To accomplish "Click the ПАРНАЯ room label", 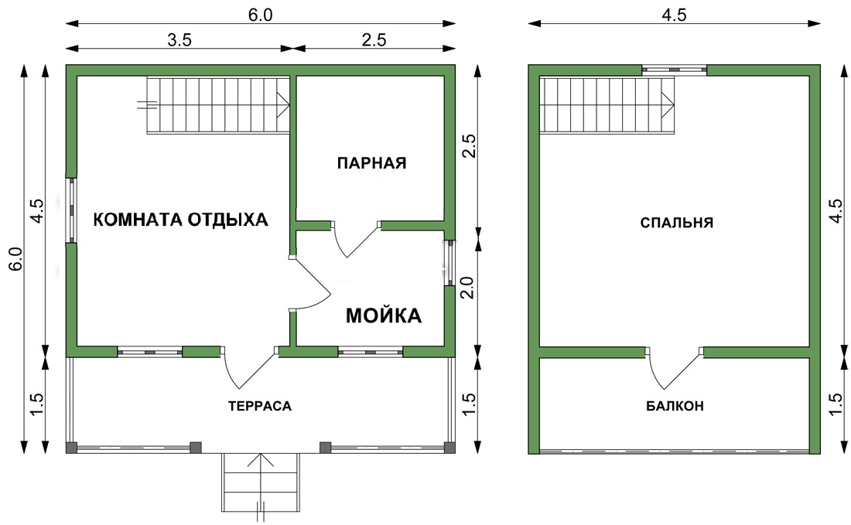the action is (x=372, y=162).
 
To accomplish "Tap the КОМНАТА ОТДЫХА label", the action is (x=181, y=220).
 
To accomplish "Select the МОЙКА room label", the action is (x=384, y=315).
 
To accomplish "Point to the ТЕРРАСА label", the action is (x=259, y=406).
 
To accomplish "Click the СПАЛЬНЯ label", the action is (x=677, y=223).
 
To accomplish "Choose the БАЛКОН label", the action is (x=675, y=406).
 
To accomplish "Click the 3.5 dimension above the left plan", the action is (x=179, y=40).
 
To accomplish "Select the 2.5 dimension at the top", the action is (x=374, y=40).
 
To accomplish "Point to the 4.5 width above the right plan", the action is (x=674, y=15).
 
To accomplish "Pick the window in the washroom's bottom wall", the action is (x=371, y=352).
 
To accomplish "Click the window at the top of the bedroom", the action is (x=675, y=70).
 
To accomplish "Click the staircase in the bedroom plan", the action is (x=607, y=105).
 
